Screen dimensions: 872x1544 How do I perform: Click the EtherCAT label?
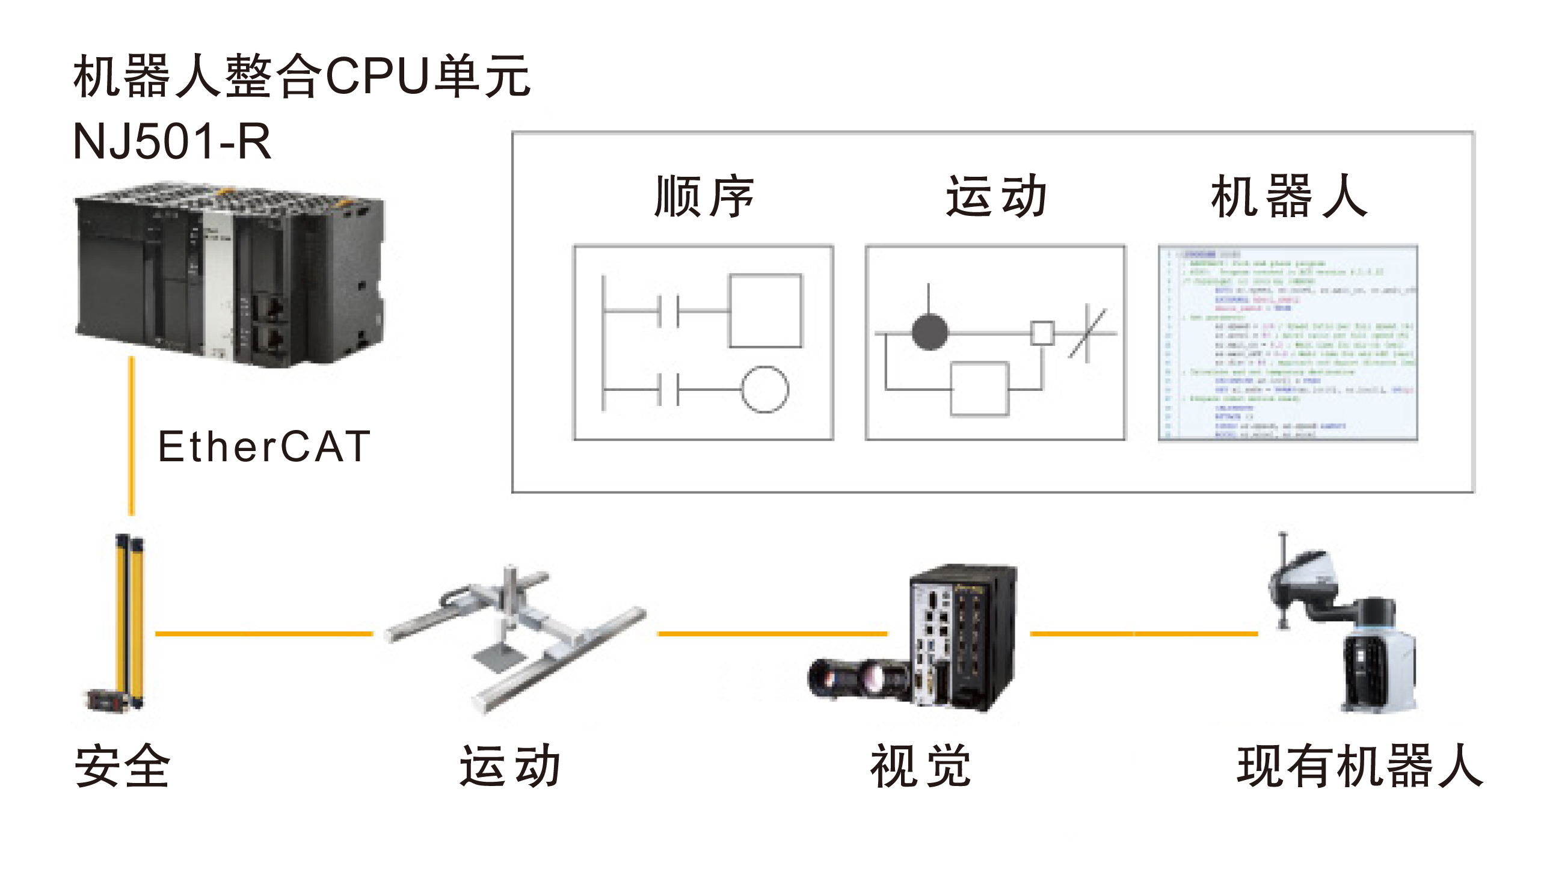[263, 446]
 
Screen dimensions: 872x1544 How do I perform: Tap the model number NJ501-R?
[171, 142]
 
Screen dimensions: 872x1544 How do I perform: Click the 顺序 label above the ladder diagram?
[704, 196]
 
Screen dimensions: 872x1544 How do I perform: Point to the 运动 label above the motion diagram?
[995, 196]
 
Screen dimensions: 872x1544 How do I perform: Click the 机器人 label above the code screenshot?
[1288, 196]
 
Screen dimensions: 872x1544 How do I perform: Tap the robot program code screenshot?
[1288, 343]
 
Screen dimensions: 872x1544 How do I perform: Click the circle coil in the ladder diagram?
[764, 389]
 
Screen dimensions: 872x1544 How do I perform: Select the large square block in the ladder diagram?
[765, 310]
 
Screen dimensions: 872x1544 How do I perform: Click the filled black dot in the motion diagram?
[930, 332]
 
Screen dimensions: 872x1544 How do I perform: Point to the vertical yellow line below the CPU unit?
[132, 436]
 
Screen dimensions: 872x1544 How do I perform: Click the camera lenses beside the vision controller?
[857, 678]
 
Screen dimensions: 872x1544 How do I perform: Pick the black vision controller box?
[962, 637]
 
